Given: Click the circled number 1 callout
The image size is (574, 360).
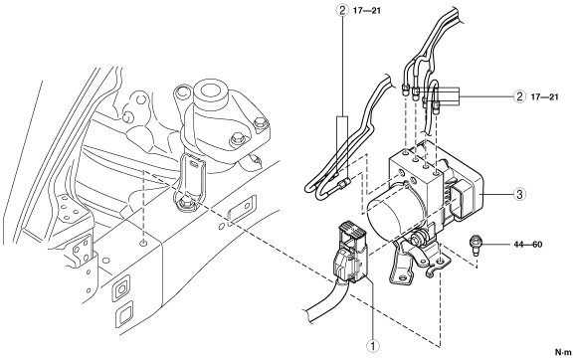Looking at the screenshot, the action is pos(373,346).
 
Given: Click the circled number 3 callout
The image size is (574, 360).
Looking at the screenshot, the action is pos(520,194).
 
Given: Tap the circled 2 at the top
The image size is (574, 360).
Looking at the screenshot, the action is pos(342,10).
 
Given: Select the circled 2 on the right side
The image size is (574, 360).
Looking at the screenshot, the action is pos(519,96).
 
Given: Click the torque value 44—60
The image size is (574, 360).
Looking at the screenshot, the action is pos(527,244).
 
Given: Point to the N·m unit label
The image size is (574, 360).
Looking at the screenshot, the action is pos(563,352).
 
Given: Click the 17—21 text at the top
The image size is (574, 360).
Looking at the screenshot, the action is pos(367,11).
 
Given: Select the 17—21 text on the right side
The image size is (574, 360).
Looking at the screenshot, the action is pos(545,96).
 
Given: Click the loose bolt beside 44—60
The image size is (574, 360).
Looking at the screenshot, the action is pos(475,244).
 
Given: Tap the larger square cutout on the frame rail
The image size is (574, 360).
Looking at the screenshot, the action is pos(119,290).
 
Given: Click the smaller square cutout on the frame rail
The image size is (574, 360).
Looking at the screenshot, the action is pos(124,313).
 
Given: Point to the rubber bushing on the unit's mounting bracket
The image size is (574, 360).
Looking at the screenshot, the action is pos(417,241).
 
